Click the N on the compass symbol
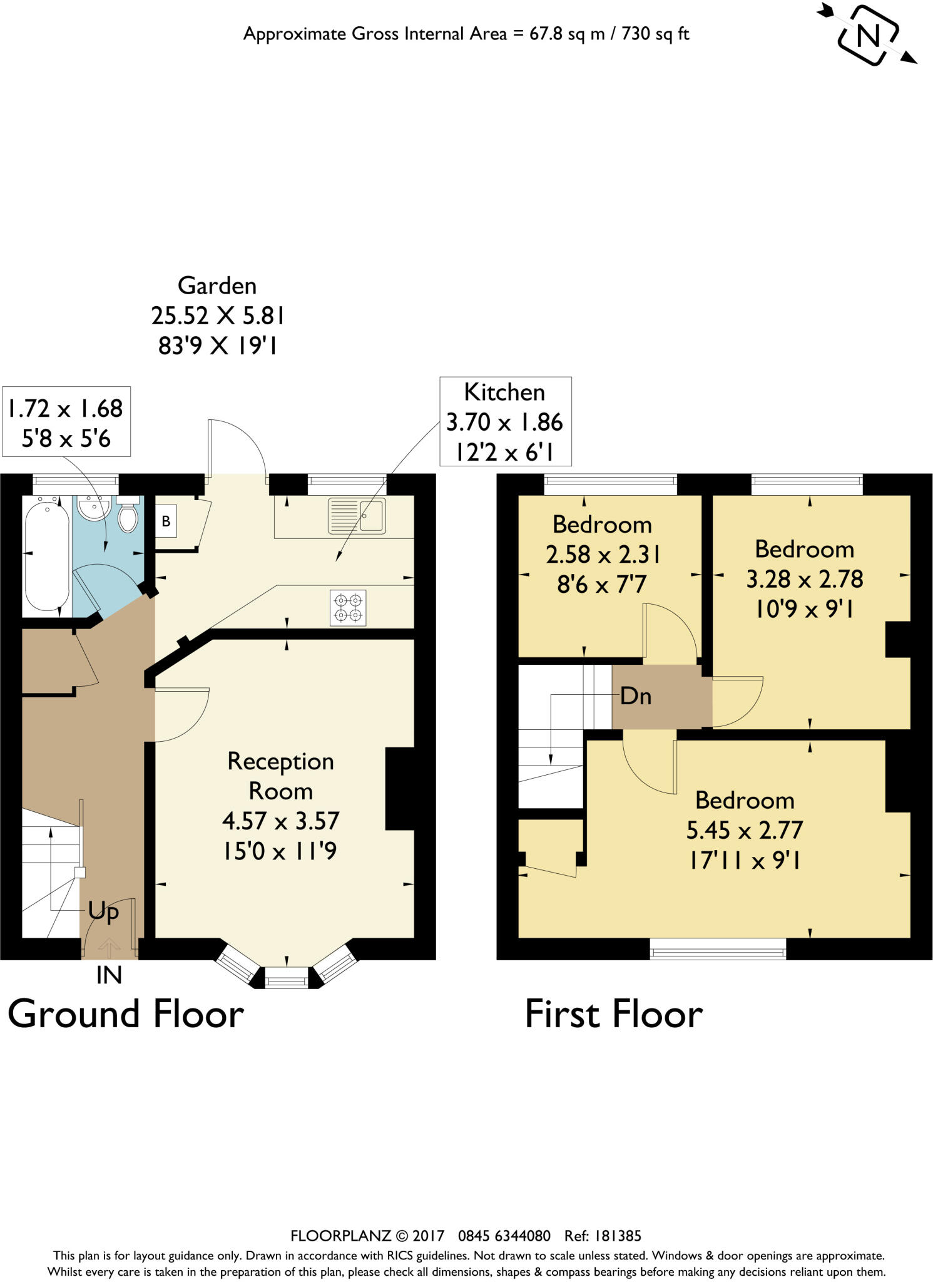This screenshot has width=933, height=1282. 868,36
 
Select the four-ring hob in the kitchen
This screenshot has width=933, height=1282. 349,607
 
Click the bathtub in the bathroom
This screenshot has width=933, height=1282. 46,554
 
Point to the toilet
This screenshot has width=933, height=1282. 128,515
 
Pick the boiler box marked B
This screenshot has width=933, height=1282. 166,521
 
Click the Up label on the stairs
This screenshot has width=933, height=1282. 103,911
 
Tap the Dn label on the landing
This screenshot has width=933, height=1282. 635,696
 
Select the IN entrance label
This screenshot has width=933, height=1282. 109,975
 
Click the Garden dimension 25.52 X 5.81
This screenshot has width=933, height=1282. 218,315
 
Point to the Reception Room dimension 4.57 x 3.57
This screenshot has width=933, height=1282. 280,821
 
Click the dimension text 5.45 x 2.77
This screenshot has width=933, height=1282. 744,831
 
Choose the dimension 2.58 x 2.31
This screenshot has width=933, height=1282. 603,555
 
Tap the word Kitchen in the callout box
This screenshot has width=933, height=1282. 504,392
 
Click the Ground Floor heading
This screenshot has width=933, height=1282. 125,1014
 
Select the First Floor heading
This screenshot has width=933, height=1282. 613,1014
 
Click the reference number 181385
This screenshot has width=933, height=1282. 618,1236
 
